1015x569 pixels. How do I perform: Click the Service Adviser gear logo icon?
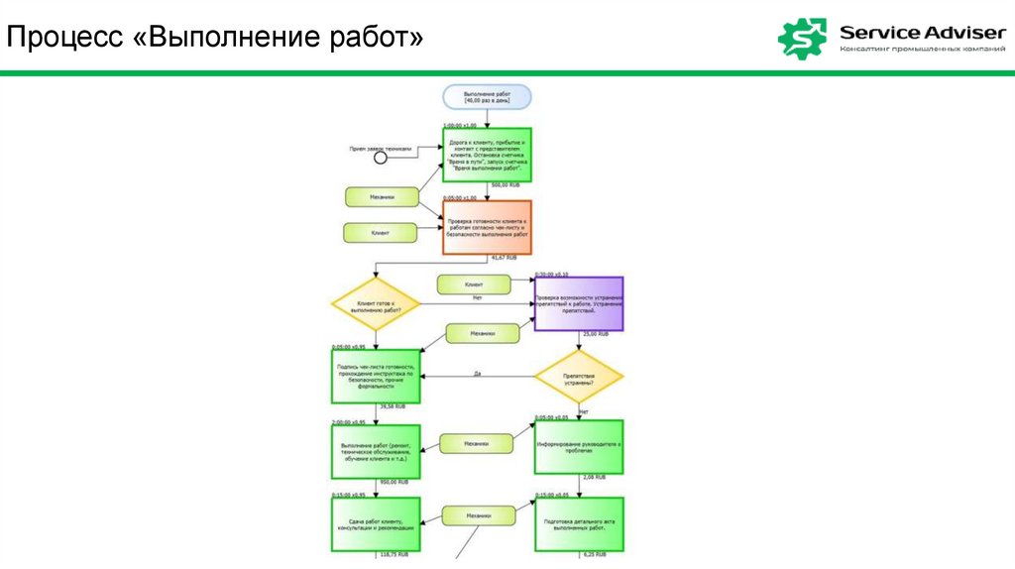point(802,38)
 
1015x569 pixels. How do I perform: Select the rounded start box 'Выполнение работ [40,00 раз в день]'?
point(488,96)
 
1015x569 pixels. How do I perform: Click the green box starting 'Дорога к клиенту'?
point(487,155)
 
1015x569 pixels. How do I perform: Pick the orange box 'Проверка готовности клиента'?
point(487,227)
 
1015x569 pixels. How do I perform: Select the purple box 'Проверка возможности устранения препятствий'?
point(579,303)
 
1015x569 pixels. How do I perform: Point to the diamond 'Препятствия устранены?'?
point(579,376)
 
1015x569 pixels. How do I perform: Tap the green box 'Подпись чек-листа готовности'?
point(376,376)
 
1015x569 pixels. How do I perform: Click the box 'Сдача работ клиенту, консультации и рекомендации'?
point(376,524)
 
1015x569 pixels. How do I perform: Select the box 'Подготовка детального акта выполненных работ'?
point(579,524)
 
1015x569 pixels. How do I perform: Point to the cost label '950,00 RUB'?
point(393,482)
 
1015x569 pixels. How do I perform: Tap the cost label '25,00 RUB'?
point(595,335)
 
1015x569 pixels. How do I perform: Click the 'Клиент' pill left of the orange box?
point(381,233)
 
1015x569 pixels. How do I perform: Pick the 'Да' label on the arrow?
point(477,374)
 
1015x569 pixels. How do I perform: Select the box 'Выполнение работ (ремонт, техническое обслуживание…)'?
point(376,452)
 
